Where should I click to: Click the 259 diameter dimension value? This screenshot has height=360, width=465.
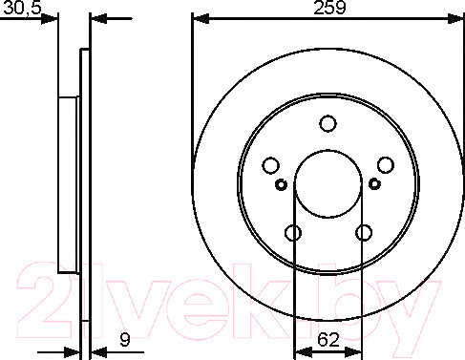329,8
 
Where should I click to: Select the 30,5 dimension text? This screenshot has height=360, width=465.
22,8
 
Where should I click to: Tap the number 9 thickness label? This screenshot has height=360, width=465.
125,339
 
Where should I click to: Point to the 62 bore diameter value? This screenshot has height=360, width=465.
328,339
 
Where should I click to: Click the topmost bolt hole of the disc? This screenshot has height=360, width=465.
328,123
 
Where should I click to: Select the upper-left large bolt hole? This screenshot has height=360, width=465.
271,165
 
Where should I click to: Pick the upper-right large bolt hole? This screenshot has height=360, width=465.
386,165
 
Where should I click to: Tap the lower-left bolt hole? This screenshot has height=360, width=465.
293,233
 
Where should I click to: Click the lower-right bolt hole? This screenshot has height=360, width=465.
364,233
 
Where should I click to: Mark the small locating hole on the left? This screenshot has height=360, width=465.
281,184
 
